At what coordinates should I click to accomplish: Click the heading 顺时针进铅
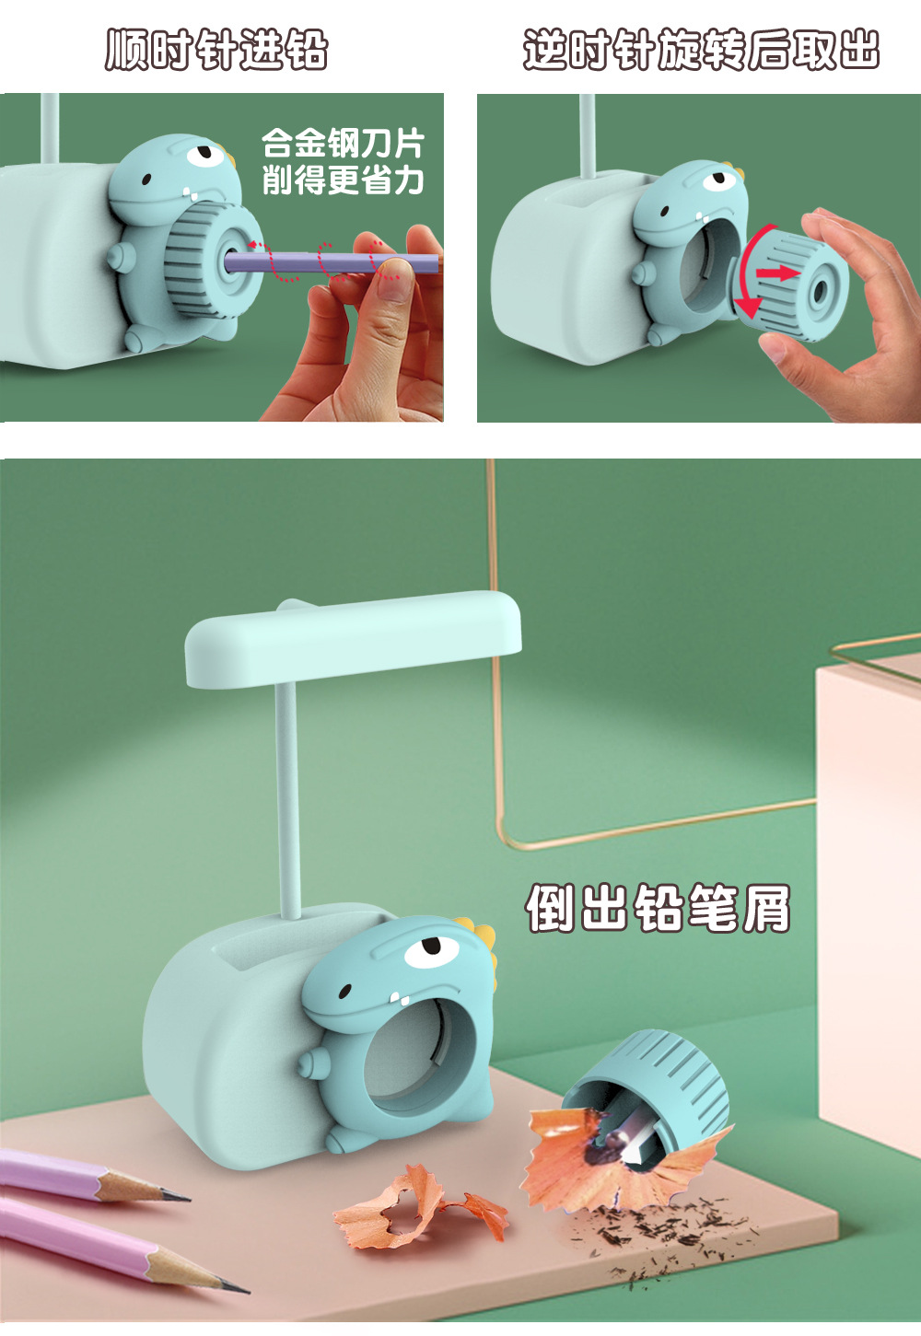(x=216, y=50)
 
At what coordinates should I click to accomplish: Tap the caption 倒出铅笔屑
(x=659, y=909)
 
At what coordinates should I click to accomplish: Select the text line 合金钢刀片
(x=343, y=144)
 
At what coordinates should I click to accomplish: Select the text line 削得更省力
(x=343, y=180)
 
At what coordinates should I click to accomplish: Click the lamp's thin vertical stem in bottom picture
(x=288, y=801)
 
